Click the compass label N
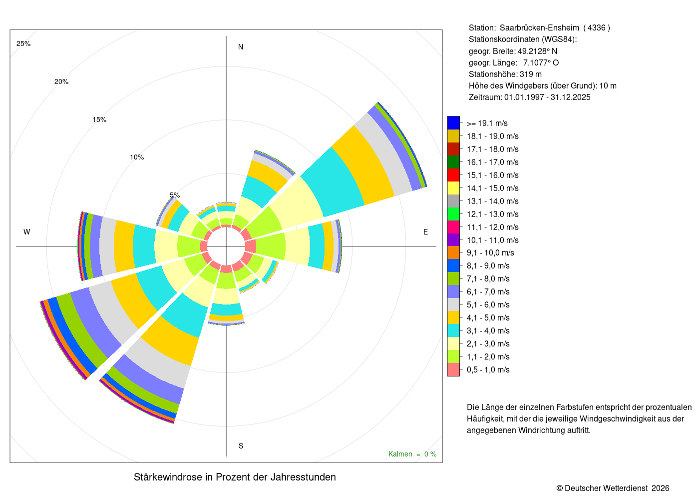[x=240, y=47]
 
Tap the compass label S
[x=241, y=446]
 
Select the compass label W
[x=27, y=232]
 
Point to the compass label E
[x=425, y=232]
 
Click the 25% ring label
[x=23, y=44]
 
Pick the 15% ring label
[x=99, y=119]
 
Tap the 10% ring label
[x=137, y=157]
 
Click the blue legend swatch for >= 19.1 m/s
[x=453, y=123]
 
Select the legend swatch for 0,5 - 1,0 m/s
[x=453, y=369]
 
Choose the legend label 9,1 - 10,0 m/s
[x=490, y=253]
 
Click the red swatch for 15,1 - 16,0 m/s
[x=453, y=175]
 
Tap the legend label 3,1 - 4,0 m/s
[x=488, y=330]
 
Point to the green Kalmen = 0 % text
[x=412, y=454]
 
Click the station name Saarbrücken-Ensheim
[x=539, y=28]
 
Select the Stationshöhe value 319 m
[x=530, y=74]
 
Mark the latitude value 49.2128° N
[x=537, y=51]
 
